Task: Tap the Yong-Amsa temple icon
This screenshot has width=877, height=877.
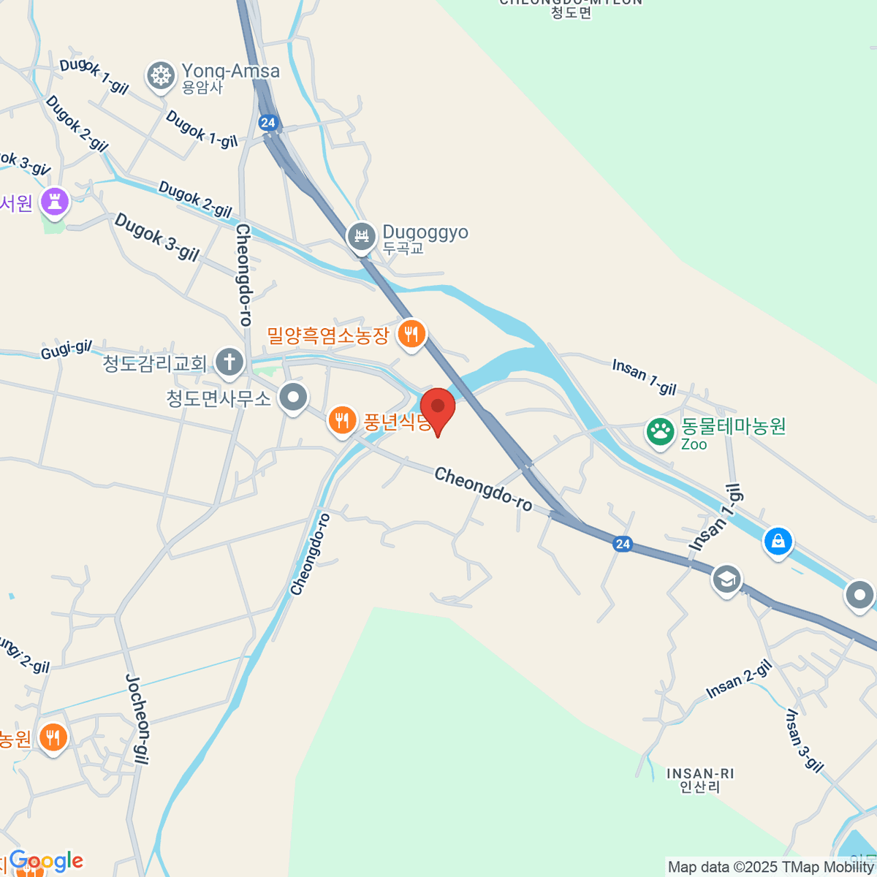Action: (161, 75)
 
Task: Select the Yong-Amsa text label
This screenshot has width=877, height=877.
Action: (230, 72)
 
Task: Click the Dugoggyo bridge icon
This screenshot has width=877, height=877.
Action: (361, 236)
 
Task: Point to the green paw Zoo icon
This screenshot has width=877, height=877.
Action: (660, 433)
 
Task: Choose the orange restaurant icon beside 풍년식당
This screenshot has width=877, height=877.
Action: (341, 420)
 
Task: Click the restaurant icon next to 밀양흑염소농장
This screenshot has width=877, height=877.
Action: (411, 335)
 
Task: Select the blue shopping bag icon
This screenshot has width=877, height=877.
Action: (778, 542)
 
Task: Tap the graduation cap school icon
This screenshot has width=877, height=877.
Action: (726, 580)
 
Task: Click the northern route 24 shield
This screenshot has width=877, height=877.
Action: (268, 122)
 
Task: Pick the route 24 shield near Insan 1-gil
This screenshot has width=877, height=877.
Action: (622, 544)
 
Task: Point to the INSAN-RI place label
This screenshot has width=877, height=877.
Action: (700, 780)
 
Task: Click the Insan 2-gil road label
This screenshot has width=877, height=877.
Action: (739, 680)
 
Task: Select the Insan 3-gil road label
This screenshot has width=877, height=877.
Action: (804, 740)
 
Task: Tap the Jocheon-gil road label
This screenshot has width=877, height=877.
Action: (138, 719)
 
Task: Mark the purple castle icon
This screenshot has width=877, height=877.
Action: (55, 201)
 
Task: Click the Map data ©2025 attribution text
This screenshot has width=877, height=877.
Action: (770, 867)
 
